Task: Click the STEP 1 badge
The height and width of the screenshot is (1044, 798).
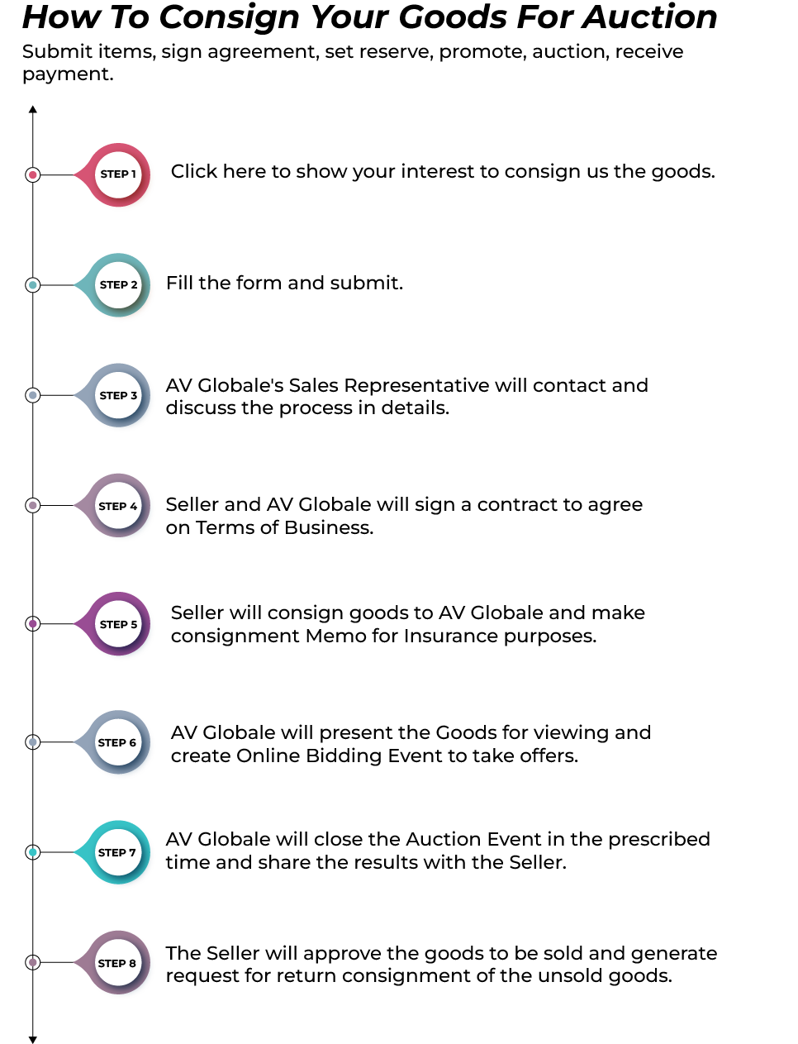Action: click(118, 174)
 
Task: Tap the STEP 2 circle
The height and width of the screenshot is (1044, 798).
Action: click(118, 285)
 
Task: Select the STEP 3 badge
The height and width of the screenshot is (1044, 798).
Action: click(118, 395)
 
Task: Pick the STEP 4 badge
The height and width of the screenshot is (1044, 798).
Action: click(118, 506)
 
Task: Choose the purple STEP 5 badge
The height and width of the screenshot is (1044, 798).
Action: click(118, 624)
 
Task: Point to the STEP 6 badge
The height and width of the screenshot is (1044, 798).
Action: click(117, 742)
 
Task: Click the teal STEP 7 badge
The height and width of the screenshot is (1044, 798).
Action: click(117, 852)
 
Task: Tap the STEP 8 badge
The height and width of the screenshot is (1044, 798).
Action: click(117, 963)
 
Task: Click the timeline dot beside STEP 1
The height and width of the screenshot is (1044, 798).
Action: click(33, 174)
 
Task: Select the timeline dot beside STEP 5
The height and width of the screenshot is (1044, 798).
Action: click(33, 624)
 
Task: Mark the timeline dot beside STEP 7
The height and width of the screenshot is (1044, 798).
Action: click(33, 852)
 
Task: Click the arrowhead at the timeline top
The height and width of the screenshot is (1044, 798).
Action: click(33, 109)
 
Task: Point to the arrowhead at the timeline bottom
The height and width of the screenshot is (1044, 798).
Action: click(33, 1039)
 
